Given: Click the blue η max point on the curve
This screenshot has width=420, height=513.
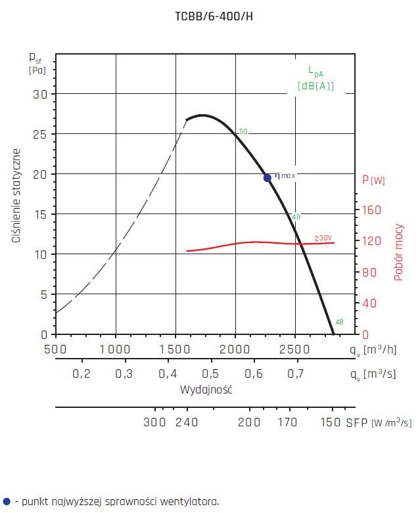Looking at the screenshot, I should (x=268, y=177).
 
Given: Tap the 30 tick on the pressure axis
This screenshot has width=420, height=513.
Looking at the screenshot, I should (x=40, y=94).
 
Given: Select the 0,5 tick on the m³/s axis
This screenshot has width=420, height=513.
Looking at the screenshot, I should (x=210, y=374).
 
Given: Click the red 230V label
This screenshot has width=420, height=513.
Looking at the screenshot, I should (x=323, y=238).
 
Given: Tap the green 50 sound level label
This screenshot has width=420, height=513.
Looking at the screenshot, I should (x=243, y=132).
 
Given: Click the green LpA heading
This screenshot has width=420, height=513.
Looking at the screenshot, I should (x=315, y=71).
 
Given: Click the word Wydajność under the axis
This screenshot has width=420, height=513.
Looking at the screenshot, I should (x=206, y=390).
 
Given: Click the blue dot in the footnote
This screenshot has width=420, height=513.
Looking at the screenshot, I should (x=7, y=501).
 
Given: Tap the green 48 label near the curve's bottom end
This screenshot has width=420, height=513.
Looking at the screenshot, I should (x=339, y=322).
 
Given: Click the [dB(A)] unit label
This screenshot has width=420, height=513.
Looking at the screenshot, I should (x=315, y=86).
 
